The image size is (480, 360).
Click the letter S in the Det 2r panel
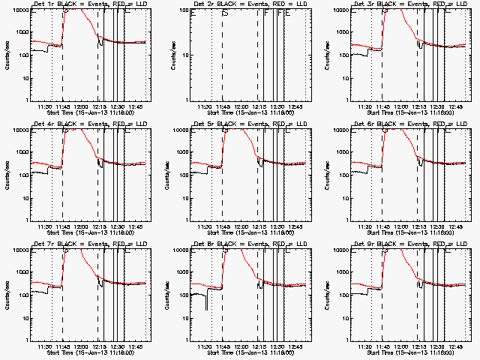coord(224,13)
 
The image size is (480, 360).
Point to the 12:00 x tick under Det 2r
coord(241,106)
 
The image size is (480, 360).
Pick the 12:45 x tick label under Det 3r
coord(456,106)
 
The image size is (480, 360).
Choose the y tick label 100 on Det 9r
coord(343,295)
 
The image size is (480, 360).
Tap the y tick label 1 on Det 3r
coord(348,100)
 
